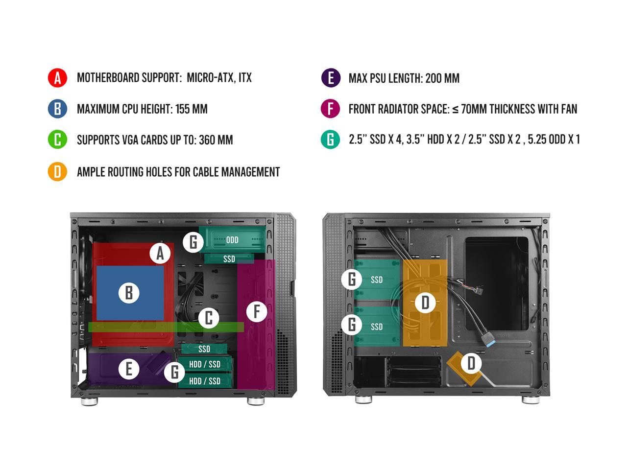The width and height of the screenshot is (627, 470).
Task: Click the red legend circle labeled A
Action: click(x=57, y=77)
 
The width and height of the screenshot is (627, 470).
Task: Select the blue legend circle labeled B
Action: click(x=57, y=108)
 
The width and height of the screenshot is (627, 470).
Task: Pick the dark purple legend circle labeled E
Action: click(x=331, y=78)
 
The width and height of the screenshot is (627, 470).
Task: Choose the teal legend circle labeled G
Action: click(x=331, y=140)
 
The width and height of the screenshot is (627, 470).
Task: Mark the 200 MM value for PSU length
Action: click(x=442, y=78)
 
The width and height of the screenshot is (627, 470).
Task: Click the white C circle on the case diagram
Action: click(x=209, y=318)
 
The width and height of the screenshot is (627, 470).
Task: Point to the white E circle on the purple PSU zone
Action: click(x=129, y=369)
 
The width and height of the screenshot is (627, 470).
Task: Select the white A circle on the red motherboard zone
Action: click(x=160, y=254)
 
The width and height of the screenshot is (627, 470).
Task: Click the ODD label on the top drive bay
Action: click(x=232, y=240)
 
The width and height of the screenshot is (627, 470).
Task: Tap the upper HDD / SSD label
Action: click(x=205, y=364)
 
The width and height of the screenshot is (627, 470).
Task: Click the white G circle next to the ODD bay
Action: click(x=193, y=242)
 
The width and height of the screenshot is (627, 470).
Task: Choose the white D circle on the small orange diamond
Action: click(x=471, y=363)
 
